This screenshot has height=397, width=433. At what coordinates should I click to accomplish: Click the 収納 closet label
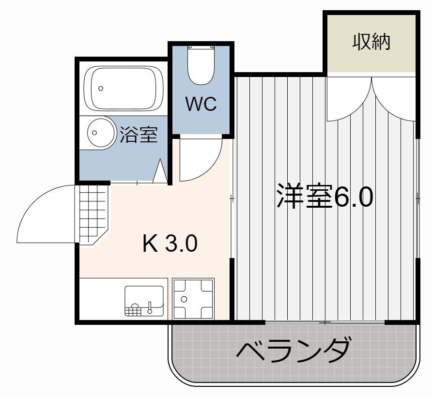point(371,42)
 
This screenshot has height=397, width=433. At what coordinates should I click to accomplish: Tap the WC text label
point(201,104)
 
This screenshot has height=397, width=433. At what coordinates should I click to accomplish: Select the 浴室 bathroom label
point(139,135)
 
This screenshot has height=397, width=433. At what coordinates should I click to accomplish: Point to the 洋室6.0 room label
point(325,196)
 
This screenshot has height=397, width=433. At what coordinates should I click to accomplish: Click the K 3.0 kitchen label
point(170,243)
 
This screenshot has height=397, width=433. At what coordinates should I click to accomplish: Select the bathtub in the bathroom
point(124,89)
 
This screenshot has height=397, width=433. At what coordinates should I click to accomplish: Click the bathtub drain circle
point(101,89)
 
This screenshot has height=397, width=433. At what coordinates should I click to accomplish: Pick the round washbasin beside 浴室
point(101,133)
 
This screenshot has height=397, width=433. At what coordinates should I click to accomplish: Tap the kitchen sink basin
point(144,301)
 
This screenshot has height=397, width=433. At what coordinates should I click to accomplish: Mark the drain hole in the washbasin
point(94,133)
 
